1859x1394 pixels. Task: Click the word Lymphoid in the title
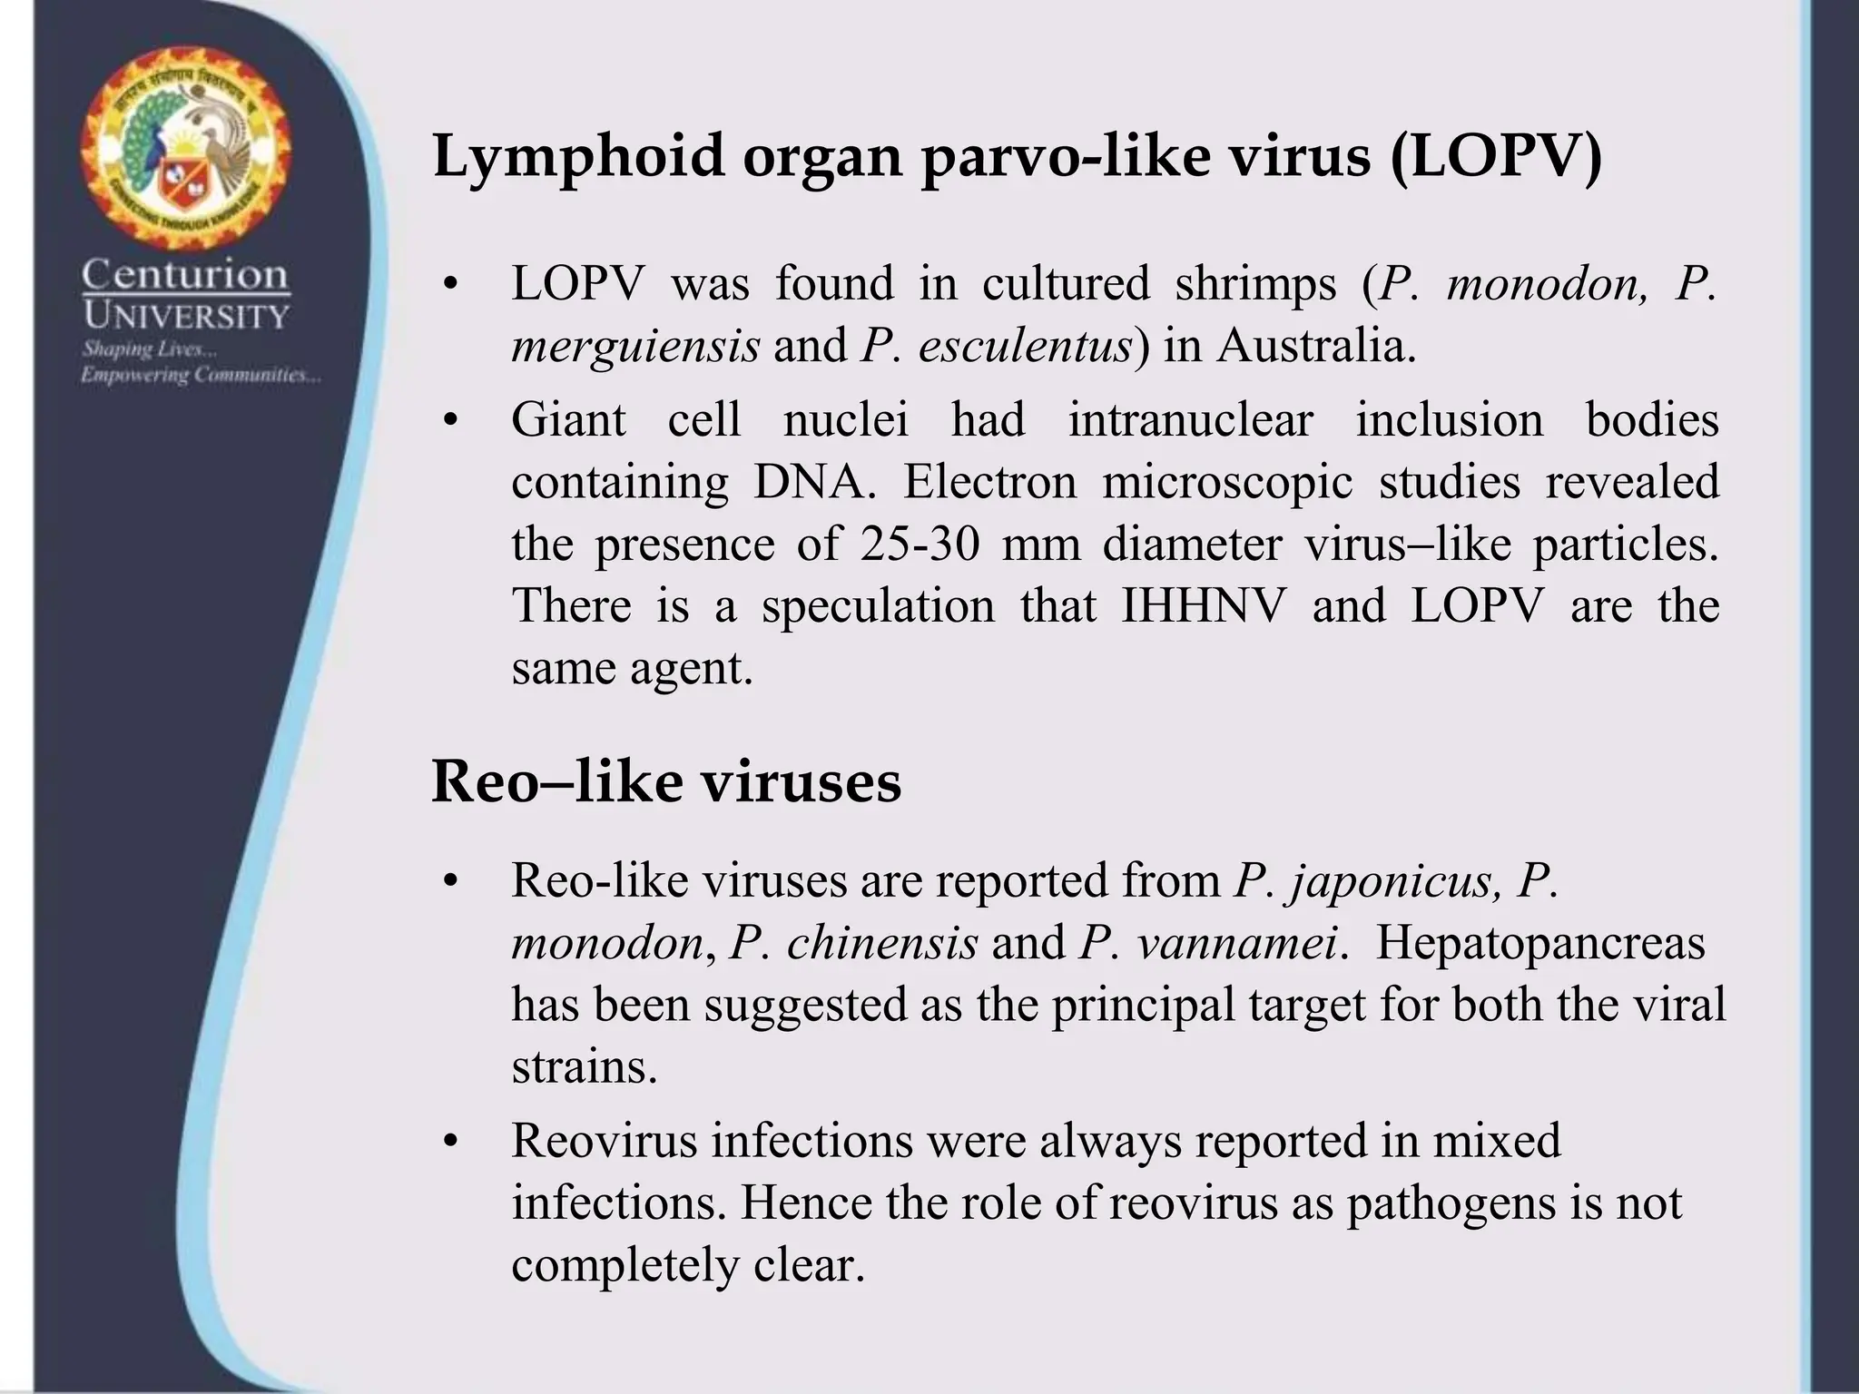tap(578, 156)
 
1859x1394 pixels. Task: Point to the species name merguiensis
tap(635, 346)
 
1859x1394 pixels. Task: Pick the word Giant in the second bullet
tap(569, 420)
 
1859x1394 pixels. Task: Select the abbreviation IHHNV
tap(1205, 606)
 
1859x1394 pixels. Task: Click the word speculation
tap(878, 606)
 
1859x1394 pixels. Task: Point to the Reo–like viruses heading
tap(666, 781)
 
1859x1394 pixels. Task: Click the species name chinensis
tap(881, 943)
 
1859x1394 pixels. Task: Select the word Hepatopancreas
tap(1540, 943)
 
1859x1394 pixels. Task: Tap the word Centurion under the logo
tap(185, 274)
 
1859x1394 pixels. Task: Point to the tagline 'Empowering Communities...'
tap(200, 375)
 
